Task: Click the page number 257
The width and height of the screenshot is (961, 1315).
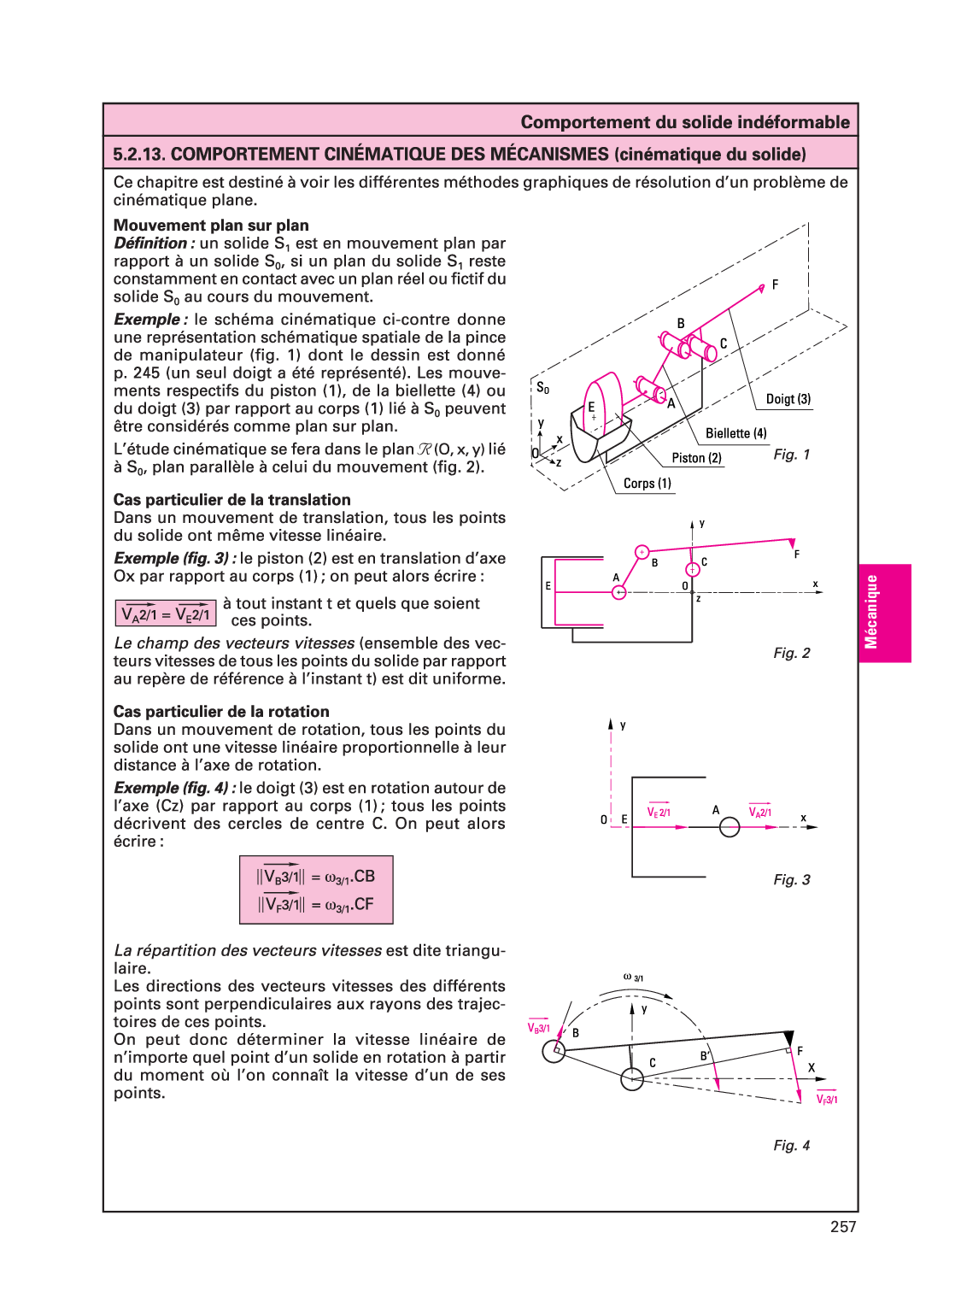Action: [x=842, y=1227]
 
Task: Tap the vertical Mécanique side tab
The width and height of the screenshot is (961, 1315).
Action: [x=884, y=613]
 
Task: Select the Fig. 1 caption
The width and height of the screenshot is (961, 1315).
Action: [x=791, y=455]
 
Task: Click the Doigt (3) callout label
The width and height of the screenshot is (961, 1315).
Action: [x=788, y=399]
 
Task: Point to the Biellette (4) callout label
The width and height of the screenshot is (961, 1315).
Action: [x=735, y=433]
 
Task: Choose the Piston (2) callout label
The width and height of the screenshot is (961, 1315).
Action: [x=696, y=458]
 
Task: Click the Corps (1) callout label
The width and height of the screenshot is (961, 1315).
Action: [x=647, y=484]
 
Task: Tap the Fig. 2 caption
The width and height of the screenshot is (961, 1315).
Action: [x=791, y=653]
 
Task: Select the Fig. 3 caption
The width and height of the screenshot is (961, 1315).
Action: [x=791, y=879]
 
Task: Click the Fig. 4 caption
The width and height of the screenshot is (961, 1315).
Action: [x=791, y=1145]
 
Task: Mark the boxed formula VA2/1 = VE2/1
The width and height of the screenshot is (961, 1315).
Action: [x=166, y=613]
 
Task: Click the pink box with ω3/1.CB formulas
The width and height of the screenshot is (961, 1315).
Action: [x=316, y=889]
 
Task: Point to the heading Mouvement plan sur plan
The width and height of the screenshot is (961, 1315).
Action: [x=211, y=225]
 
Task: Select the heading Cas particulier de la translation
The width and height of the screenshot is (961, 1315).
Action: [x=231, y=500]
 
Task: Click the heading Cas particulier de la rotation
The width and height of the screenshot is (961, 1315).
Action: [x=221, y=712]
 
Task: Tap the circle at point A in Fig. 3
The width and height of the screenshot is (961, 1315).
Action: [x=730, y=827]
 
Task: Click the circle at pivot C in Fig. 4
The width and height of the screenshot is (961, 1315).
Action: [x=632, y=1079]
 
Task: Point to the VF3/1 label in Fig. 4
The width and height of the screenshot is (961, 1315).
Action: [x=826, y=1100]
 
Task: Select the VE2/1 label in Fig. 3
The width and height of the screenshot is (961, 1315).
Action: [x=659, y=812]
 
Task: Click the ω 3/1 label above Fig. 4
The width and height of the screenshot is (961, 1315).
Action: [x=633, y=977]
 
